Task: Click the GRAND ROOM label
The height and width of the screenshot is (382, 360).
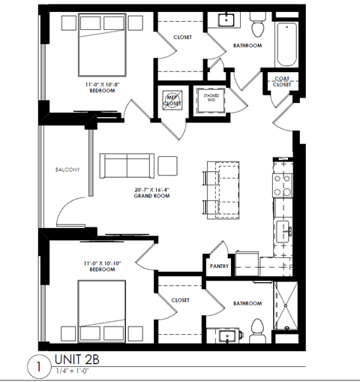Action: (151, 196)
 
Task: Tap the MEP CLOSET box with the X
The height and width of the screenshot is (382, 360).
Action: (172, 99)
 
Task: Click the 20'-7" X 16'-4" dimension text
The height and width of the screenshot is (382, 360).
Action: (151, 189)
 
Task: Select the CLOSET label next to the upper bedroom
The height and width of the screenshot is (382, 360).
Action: (181, 37)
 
